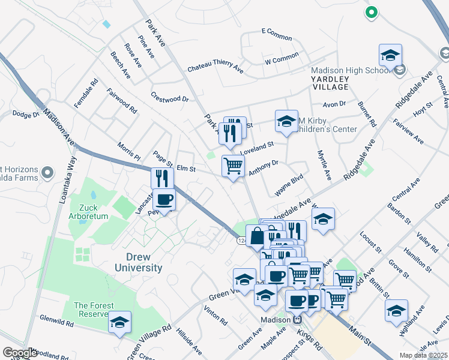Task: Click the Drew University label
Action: click(136, 262)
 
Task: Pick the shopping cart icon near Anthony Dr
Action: click(232, 165)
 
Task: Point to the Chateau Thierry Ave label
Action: click(215, 69)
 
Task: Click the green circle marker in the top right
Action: click(371, 11)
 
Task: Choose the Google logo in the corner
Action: click(19, 353)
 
